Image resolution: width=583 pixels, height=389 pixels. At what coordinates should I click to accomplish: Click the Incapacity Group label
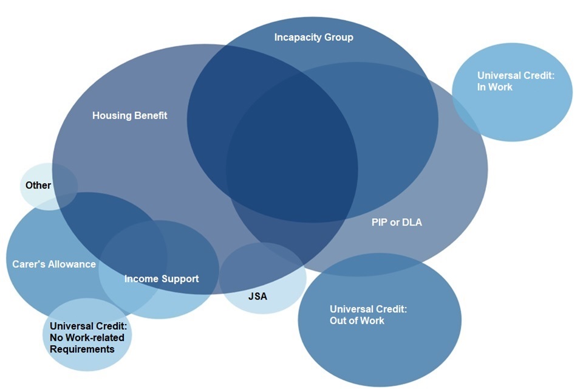pos(313,38)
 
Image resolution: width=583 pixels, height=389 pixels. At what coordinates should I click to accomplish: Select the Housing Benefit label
pos(129,115)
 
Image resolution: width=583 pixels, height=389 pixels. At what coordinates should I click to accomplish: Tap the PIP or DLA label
pos(397,222)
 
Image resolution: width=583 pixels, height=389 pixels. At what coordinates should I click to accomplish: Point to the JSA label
pos(257,297)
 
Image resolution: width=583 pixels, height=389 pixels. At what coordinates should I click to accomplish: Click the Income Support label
pos(162,279)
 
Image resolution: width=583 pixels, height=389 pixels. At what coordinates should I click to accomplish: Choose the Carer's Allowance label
pos(54,264)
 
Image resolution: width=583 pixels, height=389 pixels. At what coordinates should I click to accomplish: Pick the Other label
pos(38,185)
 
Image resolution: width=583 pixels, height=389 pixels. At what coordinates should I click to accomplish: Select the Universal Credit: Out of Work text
pos(368,315)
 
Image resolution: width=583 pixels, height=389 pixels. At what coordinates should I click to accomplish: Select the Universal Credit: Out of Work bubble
pos(380,340)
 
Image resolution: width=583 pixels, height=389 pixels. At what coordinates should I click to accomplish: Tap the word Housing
pos(111,115)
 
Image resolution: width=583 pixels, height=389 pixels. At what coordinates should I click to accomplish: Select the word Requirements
pos(82,349)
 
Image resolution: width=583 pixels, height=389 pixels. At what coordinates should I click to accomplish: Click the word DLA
pos(412,222)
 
